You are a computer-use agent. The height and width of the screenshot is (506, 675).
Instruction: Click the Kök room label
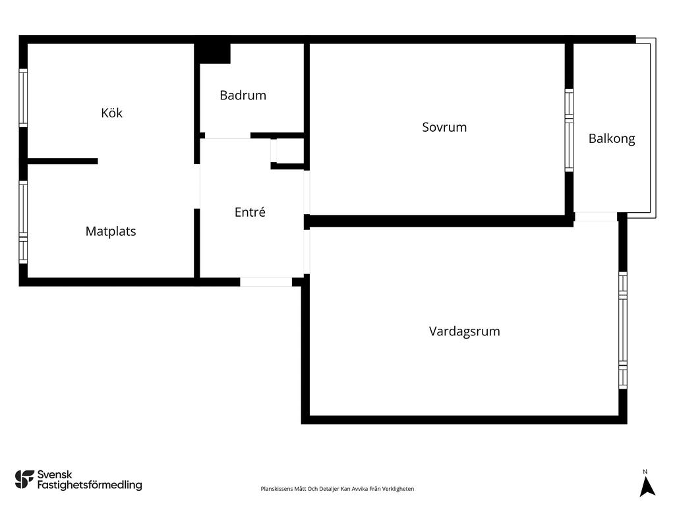coord(111,113)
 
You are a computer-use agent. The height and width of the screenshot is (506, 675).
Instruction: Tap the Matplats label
coord(111,231)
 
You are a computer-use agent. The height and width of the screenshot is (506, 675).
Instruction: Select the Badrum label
coord(243,95)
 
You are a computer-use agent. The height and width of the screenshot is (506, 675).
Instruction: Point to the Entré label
coord(250,212)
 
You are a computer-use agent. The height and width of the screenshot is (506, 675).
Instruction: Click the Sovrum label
coord(444,127)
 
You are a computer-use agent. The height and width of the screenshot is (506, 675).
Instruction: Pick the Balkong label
coord(612,138)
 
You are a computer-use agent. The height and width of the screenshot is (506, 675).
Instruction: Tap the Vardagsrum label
coord(464,331)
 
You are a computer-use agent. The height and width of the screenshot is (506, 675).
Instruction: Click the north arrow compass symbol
coord(647,486)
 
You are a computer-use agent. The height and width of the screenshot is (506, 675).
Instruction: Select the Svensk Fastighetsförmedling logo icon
coord(24,479)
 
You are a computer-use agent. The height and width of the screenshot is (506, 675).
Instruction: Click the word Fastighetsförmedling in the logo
coord(90,486)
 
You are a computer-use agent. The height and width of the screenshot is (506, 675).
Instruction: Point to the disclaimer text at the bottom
coord(337,489)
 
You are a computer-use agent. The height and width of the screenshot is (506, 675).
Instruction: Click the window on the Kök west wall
coord(23,98)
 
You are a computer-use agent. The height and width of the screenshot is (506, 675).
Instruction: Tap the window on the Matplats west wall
coord(23,222)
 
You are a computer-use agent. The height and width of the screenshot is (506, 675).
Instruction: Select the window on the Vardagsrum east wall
coord(622,329)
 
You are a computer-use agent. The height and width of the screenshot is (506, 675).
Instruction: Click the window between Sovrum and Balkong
coord(569,130)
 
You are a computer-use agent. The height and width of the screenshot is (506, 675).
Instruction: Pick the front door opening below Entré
coord(266,282)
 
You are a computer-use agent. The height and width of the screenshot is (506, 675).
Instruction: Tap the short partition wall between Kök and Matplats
coord(63,161)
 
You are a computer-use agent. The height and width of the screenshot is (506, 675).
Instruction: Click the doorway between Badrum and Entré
coord(227,136)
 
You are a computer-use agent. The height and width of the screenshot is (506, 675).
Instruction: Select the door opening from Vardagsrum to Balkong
coord(595,216)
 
